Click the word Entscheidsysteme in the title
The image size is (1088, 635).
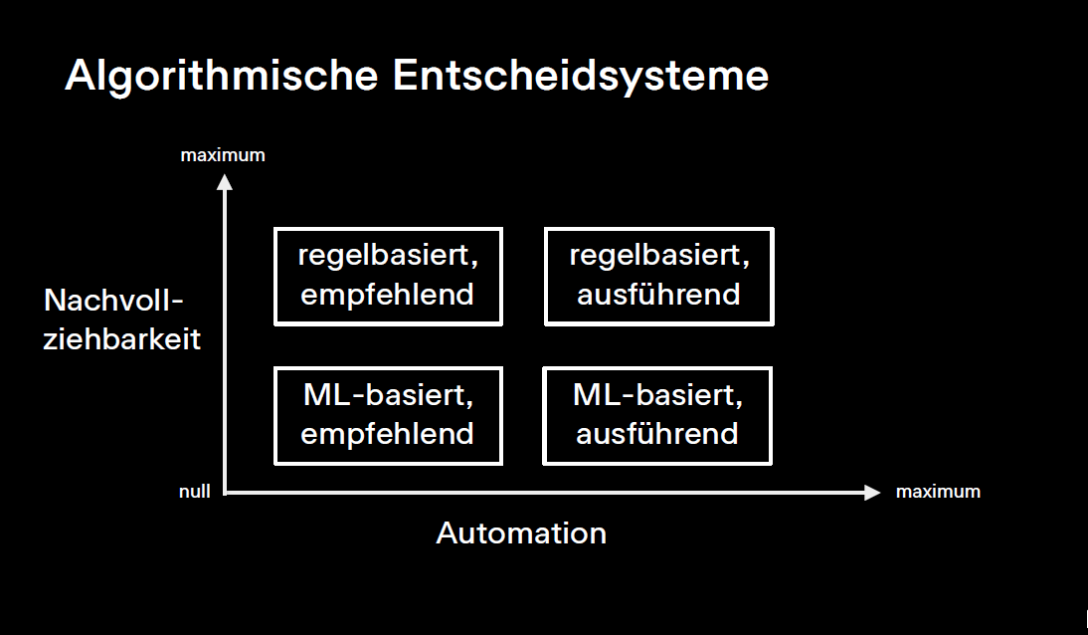point(581,77)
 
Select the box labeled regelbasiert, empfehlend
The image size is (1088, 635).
point(388,276)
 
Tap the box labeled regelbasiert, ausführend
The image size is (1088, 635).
point(658,276)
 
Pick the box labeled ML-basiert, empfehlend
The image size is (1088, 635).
point(388,415)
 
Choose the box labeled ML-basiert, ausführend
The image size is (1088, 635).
point(657,415)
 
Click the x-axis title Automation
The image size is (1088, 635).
point(521,533)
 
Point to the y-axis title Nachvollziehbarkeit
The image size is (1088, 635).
point(122,319)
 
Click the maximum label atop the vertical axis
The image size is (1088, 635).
point(223,155)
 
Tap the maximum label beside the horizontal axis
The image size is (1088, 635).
point(938,492)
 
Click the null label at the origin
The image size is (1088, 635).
point(195,492)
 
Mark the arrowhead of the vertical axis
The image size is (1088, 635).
point(225,181)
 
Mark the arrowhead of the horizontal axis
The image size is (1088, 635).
point(872,492)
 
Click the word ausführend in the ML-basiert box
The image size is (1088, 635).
point(657,434)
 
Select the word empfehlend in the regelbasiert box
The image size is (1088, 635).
point(388,296)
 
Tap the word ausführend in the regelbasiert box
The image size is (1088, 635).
point(658,296)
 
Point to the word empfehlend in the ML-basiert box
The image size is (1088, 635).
point(388,434)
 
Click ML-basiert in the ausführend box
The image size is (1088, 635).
point(657,396)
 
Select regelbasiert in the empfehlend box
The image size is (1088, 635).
point(388,256)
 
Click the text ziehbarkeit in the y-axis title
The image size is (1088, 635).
point(122,339)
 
